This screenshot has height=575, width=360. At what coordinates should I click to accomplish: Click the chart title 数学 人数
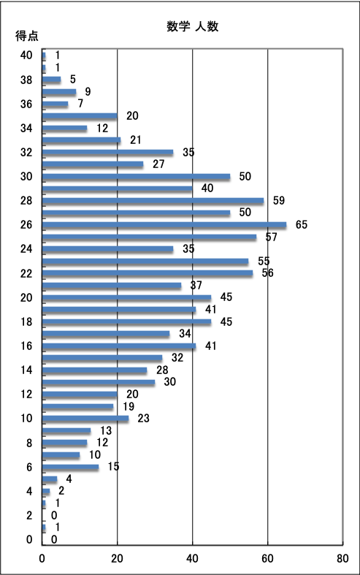tap(193, 26)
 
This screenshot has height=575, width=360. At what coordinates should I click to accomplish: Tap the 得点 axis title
tap(27, 36)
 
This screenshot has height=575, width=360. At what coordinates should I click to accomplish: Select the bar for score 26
tap(164, 225)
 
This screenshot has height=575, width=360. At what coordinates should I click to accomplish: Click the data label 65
tap(302, 224)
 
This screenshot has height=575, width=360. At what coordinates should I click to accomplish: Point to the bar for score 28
tap(153, 201)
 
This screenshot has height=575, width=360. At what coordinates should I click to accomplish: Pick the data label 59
tap(279, 200)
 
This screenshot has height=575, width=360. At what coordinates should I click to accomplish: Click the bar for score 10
tap(85, 419)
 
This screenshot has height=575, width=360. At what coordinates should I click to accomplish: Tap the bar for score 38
tap(52, 80)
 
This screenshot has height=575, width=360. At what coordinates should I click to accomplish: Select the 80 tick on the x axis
tap(342, 558)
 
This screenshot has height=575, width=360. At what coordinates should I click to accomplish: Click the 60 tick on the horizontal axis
tap(267, 558)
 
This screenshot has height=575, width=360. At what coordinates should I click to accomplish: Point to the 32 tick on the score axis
tap(26, 152)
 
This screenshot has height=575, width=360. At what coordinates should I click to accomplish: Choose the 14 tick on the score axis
tap(26, 370)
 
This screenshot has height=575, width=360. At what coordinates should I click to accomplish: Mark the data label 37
tap(196, 285)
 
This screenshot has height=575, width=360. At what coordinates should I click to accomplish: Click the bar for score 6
tap(70, 467)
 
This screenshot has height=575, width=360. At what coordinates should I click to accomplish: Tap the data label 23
tap(143, 418)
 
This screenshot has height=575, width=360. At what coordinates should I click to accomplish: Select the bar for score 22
tap(148, 273)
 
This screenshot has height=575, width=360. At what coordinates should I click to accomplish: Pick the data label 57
tap(272, 237)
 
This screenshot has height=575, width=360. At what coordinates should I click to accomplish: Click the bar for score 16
tap(119, 346)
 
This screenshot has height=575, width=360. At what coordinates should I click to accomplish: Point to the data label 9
tap(88, 91)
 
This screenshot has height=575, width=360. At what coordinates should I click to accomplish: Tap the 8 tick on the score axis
tap(29, 443)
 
